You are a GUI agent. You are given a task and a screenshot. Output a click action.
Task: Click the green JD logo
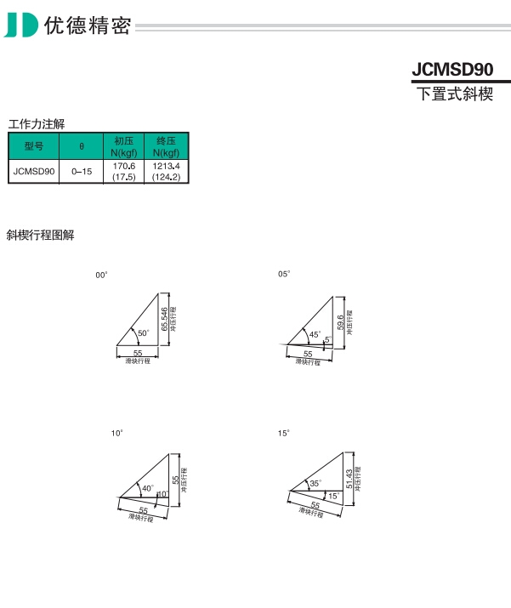click(x=21, y=26)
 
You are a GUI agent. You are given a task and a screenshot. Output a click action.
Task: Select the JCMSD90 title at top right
click(x=452, y=70)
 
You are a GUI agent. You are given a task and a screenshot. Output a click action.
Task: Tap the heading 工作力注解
click(x=37, y=124)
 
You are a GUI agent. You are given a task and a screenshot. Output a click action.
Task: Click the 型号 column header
click(x=34, y=146)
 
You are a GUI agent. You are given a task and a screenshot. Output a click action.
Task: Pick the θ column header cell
click(x=82, y=146)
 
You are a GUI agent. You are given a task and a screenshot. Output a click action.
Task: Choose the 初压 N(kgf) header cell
click(x=123, y=146)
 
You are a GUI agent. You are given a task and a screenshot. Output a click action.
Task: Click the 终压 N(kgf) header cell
click(x=167, y=146)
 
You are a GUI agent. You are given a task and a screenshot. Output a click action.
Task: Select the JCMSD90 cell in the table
click(x=34, y=172)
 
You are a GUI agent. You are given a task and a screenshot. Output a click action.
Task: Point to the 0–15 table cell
click(x=82, y=172)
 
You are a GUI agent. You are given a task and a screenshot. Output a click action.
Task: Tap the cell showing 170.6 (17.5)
click(x=123, y=172)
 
